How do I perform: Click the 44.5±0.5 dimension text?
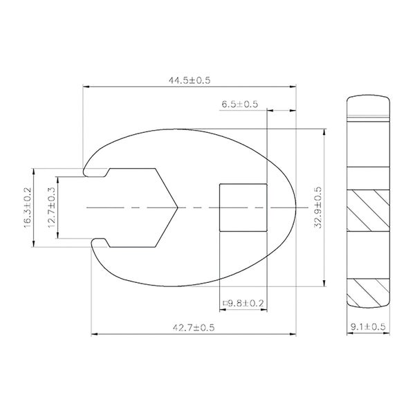(190, 80)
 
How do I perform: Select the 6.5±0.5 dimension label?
(240, 104)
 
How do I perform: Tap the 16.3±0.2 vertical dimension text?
(28, 207)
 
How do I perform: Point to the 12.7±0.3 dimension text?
(51, 207)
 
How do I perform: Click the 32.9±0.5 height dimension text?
(317, 207)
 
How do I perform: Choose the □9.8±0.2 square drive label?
(243, 303)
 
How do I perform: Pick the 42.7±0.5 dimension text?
(194, 328)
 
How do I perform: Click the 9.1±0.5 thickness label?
(368, 326)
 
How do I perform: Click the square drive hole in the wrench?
(243, 207)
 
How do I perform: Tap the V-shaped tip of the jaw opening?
(178, 207)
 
